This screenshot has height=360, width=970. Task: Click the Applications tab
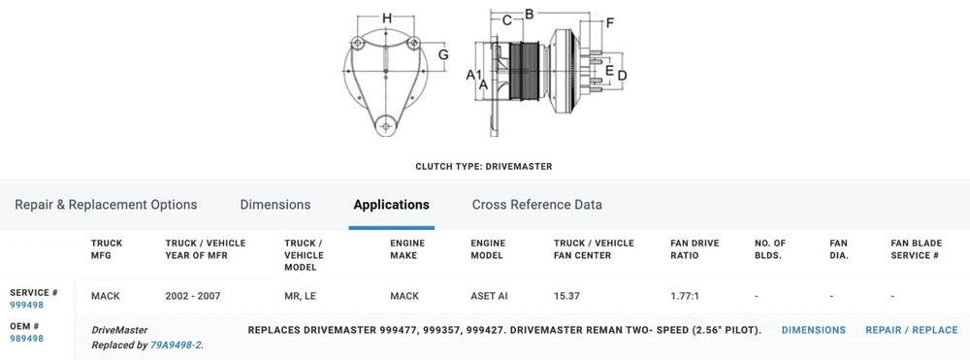click(x=391, y=205)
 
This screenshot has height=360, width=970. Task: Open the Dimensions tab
click(x=275, y=205)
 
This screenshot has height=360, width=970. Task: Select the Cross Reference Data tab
click(x=537, y=205)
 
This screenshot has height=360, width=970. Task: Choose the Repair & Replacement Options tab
click(x=106, y=205)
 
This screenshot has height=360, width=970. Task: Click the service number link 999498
click(x=26, y=305)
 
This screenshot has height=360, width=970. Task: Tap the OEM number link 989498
click(x=26, y=339)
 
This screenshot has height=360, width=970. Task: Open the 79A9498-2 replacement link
click(x=177, y=345)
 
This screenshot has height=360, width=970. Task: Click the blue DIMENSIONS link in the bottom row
click(x=814, y=330)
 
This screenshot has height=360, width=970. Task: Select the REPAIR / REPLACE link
click(x=911, y=330)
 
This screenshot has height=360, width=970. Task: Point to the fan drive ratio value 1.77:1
click(x=685, y=296)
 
